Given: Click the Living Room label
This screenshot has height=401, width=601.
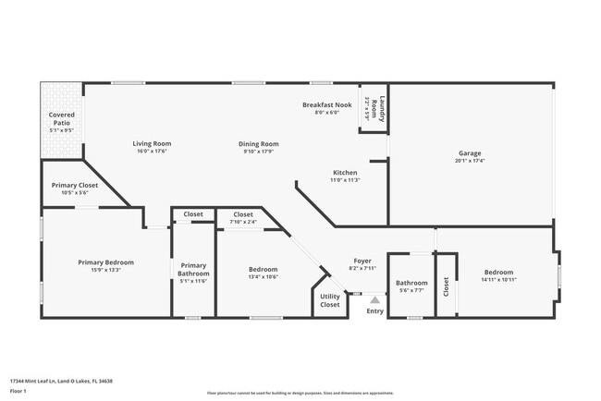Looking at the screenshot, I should point(152,143).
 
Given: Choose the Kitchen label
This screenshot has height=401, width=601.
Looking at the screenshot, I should point(345,172).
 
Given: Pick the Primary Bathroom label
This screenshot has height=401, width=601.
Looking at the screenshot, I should point(193,270).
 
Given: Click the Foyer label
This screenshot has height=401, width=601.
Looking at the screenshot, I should point(362,261).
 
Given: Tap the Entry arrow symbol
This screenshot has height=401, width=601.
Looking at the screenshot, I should point(374,299).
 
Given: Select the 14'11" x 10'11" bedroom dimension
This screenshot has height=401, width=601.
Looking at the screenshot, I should point(498,279).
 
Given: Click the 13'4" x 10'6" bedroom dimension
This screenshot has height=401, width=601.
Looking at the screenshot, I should point(263,277).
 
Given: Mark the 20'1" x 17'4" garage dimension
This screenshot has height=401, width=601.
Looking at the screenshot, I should point(470,160).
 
